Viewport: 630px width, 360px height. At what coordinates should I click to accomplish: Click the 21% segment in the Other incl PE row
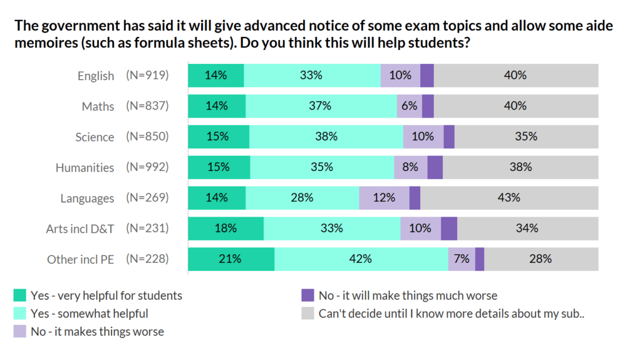231,259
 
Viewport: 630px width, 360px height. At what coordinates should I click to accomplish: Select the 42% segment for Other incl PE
361,259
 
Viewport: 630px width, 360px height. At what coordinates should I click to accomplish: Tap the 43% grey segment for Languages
509,198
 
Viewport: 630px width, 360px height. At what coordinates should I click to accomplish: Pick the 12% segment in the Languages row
384,198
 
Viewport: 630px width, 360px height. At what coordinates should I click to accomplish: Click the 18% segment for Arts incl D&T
226,228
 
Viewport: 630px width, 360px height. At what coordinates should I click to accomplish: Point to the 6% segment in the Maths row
409,106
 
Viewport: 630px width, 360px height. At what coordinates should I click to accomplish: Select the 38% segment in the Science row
326,137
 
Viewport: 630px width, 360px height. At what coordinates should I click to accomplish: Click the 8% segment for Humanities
410,167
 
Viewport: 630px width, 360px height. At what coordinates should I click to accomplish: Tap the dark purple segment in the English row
427,75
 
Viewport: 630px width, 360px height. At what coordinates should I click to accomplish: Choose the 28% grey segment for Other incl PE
541,259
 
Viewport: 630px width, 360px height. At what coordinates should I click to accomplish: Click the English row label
95,76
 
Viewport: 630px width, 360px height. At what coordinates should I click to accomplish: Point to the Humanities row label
85,167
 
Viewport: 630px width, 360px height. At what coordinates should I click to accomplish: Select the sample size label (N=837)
147,106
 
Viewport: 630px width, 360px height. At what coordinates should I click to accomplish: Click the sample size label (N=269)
147,198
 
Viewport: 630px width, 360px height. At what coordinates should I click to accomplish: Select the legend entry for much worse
407,295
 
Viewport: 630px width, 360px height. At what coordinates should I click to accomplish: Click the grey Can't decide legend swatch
308,314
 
